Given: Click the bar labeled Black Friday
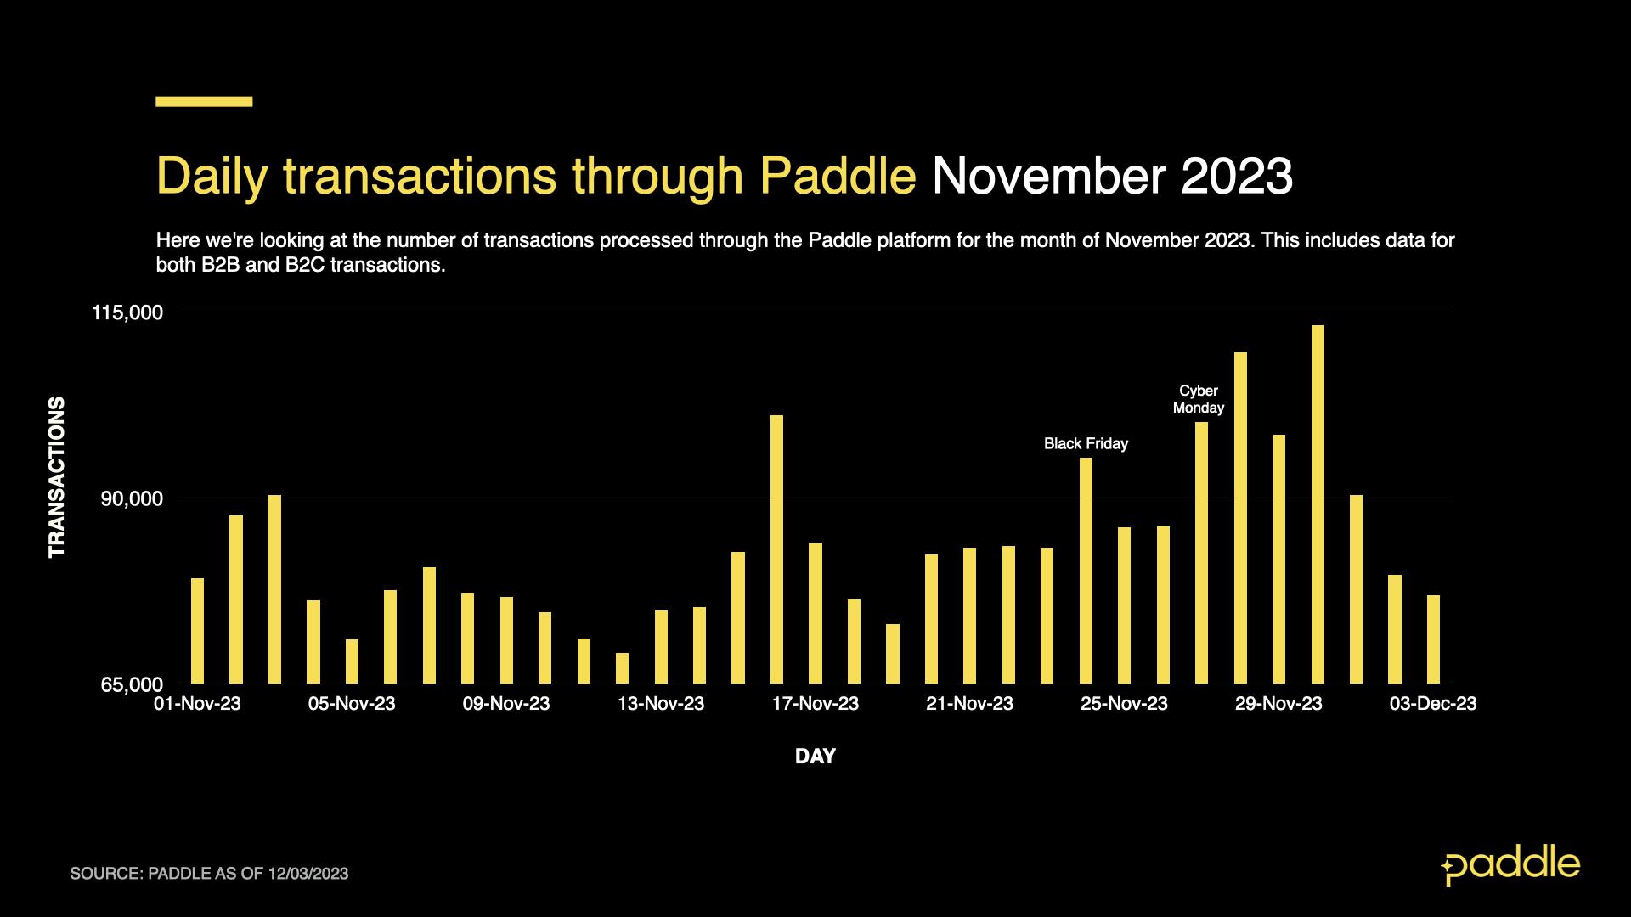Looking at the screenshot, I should click(x=1086, y=571).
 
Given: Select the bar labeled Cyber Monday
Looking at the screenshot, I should click(x=1201, y=553).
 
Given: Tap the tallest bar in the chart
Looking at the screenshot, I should click(x=1318, y=504).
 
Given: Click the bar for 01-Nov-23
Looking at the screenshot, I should click(x=198, y=631).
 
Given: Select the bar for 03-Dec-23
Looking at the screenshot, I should click(x=1433, y=639).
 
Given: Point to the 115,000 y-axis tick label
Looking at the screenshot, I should click(x=127, y=313).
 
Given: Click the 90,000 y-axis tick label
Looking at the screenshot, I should click(x=132, y=498).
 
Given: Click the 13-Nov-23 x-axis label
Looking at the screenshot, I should click(x=661, y=704).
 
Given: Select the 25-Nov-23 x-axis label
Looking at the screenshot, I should click(x=1124, y=704).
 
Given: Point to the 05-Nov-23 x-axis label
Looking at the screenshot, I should click(x=352, y=704).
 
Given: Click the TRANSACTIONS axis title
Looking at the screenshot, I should click(x=57, y=477).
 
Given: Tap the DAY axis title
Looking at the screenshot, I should click(x=815, y=756).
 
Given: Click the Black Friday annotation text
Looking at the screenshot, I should click(x=1086, y=443).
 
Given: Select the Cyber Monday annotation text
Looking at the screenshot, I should click(x=1199, y=399).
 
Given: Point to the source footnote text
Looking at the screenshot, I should click(x=209, y=874).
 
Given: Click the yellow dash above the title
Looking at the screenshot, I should click(x=204, y=101).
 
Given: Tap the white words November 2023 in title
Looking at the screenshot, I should click(x=1112, y=176).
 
